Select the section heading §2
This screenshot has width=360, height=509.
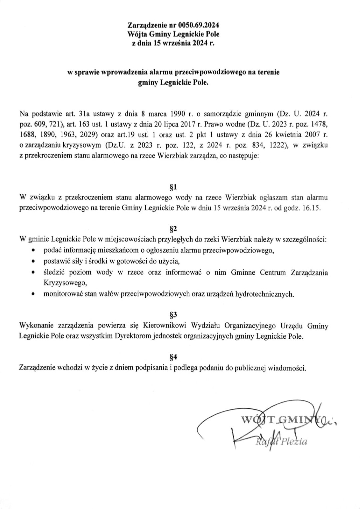(173, 229)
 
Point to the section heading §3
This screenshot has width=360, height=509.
(173, 314)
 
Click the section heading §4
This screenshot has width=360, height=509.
(173, 357)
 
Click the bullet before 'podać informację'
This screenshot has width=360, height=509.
(33, 250)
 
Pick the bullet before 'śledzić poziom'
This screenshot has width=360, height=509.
(33, 272)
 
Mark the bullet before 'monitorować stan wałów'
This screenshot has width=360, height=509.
(33, 294)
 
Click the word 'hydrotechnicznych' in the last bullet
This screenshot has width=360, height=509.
(264, 294)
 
